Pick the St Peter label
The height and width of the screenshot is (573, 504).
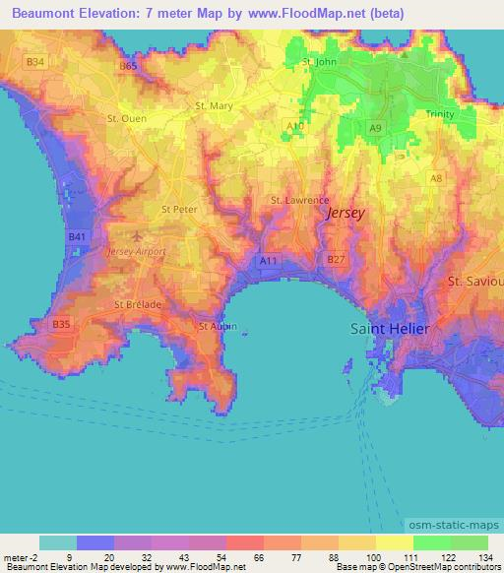pyautogui.click(x=179, y=209)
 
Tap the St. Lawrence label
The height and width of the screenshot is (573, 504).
pyautogui.click(x=299, y=201)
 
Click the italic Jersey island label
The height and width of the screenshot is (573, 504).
pyautogui.click(x=345, y=213)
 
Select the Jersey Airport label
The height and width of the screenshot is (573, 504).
pyautogui.click(x=136, y=252)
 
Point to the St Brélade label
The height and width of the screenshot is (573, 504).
pyautogui.click(x=138, y=305)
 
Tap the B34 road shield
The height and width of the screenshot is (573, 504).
pyautogui.click(x=35, y=62)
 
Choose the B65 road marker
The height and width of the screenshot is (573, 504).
pyautogui.click(x=128, y=66)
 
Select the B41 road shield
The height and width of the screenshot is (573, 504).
pyautogui.click(x=78, y=237)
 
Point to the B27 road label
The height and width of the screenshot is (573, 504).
pyautogui.click(x=336, y=259)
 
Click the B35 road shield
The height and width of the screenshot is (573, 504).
pyautogui.click(x=62, y=324)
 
